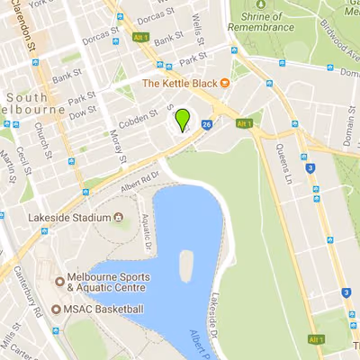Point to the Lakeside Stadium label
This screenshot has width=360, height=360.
point(70,218)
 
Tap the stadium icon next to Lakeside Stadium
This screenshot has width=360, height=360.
point(118,218)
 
